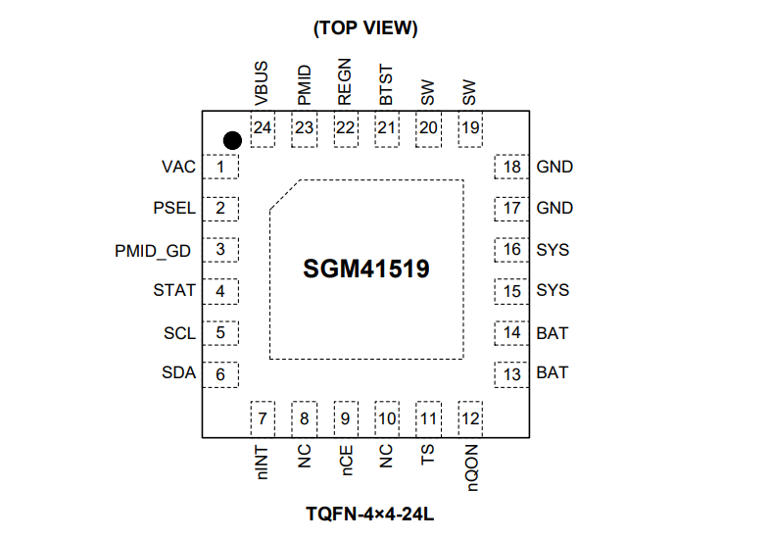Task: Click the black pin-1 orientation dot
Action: tap(232, 141)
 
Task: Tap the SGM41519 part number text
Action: tap(366, 268)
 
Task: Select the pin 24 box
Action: tap(263, 128)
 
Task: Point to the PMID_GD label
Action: tap(152, 250)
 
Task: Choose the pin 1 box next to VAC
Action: tap(221, 168)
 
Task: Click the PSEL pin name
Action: tap(174, 209)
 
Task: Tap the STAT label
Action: tap(174, 291)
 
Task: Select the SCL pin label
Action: tap(179, 333)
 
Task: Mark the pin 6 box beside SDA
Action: tap(221, 373)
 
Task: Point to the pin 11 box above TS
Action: tap(428, 419)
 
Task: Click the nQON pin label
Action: tap(470, 465)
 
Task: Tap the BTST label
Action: tap(386, 85)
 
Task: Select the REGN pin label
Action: tap(345, 84)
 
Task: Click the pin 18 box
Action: tap(511, 168)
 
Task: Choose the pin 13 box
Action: tap(511, 373)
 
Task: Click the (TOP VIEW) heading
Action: tap(365, 28)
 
